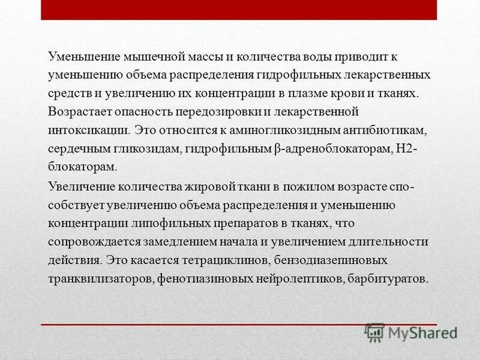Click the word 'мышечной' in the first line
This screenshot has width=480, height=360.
pos(151,58)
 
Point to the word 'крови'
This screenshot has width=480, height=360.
pos(368,94)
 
